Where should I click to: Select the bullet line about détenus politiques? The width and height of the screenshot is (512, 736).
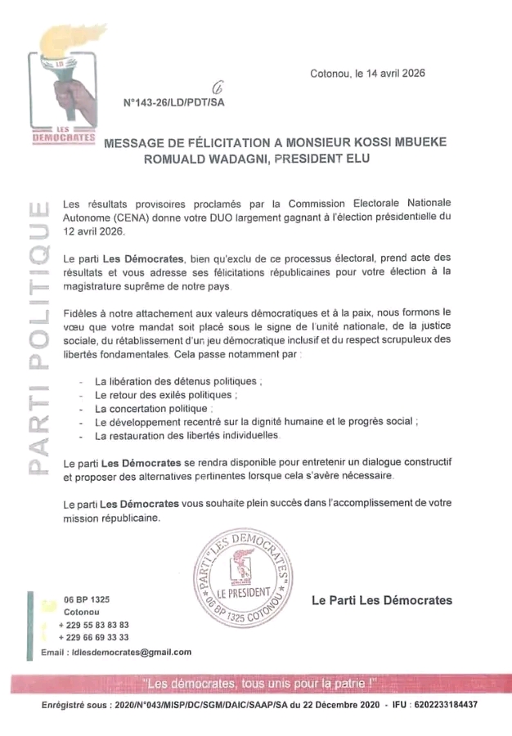pos(179,381)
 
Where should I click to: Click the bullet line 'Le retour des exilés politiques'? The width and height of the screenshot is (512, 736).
pos(166,394)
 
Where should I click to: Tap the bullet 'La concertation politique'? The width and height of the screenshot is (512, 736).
pos(152,408)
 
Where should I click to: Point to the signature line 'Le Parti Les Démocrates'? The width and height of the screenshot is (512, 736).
pos(382,600)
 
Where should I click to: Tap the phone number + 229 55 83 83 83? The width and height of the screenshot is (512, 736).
pos(94,624)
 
